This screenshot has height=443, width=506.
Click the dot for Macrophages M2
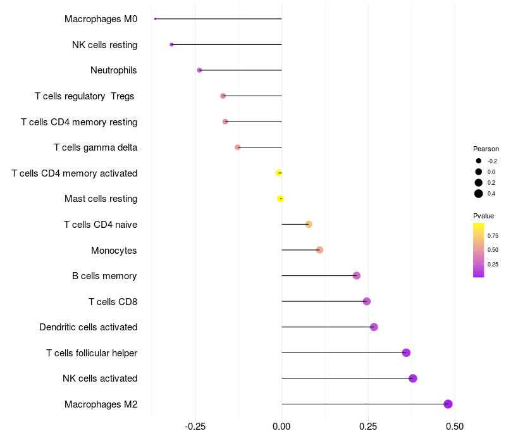click(x=448, y=404)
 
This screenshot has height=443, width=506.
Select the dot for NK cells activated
click(x=413, y=378)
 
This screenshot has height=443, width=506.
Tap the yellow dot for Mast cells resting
click(x=280, y=199)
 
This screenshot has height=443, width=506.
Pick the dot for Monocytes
click(x=319, y=250)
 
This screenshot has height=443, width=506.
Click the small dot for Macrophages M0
click(x=155, y=19)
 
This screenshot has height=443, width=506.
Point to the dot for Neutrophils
click(x=199, y=70)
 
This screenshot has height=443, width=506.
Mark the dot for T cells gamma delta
click(x=238, y=147)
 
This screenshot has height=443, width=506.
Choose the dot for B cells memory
click(x=357, y=276)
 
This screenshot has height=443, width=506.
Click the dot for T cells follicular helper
click(x=406, y=353)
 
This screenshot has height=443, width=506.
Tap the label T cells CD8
click(x=113, y=301)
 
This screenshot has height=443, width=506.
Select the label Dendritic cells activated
click(x=88, y=327)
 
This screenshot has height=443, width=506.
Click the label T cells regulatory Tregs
click(x=85, y=96)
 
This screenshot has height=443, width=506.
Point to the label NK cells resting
click(x=104, y=45)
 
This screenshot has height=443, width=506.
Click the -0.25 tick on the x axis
click(x=195, y=427)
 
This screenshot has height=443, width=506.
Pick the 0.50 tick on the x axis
click(x=454, y=427)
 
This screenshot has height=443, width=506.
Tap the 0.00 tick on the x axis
click(x=281, y=427)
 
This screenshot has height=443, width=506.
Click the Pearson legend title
click(x=486, y=149)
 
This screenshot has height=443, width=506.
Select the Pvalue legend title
click(x=483, y=216)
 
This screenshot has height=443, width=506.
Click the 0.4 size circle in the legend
click(x=479, y=194)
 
